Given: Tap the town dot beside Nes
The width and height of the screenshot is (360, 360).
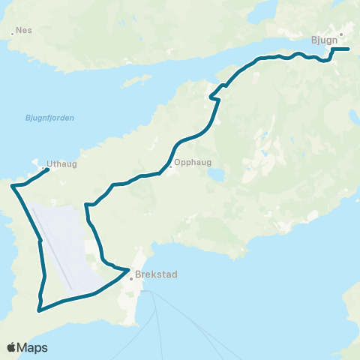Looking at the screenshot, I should coord(13,33).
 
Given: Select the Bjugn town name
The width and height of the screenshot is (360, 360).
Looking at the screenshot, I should coord(321,41).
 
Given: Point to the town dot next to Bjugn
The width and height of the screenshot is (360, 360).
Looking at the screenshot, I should coord(341,34).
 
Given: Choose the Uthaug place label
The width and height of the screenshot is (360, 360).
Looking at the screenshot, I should coord(61,163).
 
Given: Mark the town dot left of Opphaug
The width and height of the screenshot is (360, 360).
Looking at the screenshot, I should coord(171,167).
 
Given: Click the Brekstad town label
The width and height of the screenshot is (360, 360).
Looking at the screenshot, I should coord(156,275).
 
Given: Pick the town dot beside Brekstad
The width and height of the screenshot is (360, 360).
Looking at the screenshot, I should coord(131,278).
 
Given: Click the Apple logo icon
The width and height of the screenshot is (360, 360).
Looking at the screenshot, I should coord(12,347).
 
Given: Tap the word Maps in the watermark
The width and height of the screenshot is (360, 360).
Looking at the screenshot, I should coord(34,347).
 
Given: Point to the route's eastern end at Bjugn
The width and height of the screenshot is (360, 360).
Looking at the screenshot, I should coord(349,49).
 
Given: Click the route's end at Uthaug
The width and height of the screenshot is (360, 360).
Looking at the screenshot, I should coord(49,169).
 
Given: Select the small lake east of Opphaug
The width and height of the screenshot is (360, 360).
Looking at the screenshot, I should coord(214,174).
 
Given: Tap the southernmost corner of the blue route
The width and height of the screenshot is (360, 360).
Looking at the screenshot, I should coord(40,309).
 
